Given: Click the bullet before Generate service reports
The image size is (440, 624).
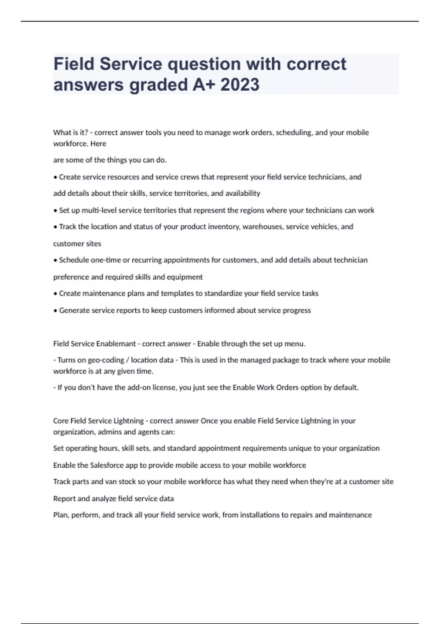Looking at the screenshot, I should point(55,311).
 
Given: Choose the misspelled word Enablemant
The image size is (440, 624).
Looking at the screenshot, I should point(116,344).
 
